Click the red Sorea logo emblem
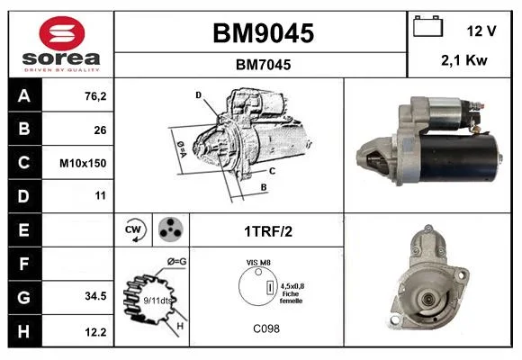tap(62, 33)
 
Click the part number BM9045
tap(264, 33)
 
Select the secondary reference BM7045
tap(264, 65)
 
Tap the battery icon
tap(427, 26)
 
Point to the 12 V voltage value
tap(481, 31)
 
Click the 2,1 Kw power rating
tap(464, 60)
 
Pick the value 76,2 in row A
tap(95, 96)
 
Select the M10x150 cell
tap(83, 163)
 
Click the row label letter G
tap(23, 297)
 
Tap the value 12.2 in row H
tap(95, 332)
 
